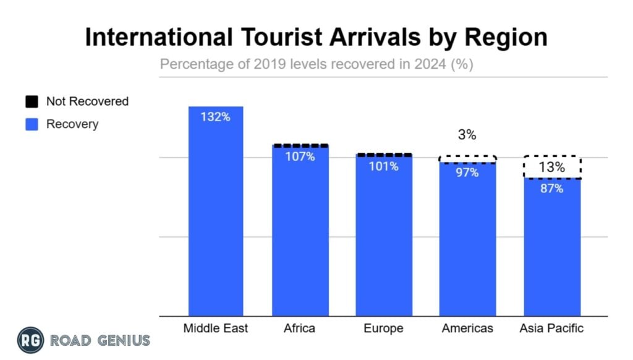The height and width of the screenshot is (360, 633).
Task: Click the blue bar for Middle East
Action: point(216,216)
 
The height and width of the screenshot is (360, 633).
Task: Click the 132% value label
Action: point(216,117)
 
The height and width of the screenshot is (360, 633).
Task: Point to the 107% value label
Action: point(300,156)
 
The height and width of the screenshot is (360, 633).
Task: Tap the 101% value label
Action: point(384,166)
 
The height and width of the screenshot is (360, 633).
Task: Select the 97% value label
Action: point(468,173)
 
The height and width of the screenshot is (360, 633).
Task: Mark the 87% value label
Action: point(552,189)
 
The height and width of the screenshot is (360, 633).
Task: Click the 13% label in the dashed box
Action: point(552,167)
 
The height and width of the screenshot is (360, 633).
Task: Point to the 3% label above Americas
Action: point(468,135)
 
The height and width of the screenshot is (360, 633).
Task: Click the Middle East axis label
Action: point(216,328)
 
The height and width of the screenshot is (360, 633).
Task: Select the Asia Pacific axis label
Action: point(552,328)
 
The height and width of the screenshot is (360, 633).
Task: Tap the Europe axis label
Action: point(384,328)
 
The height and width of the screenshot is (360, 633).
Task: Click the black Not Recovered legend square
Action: point(32,101)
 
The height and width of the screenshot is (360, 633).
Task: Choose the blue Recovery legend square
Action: point(32,124)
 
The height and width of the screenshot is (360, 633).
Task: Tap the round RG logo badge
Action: point(30,340)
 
